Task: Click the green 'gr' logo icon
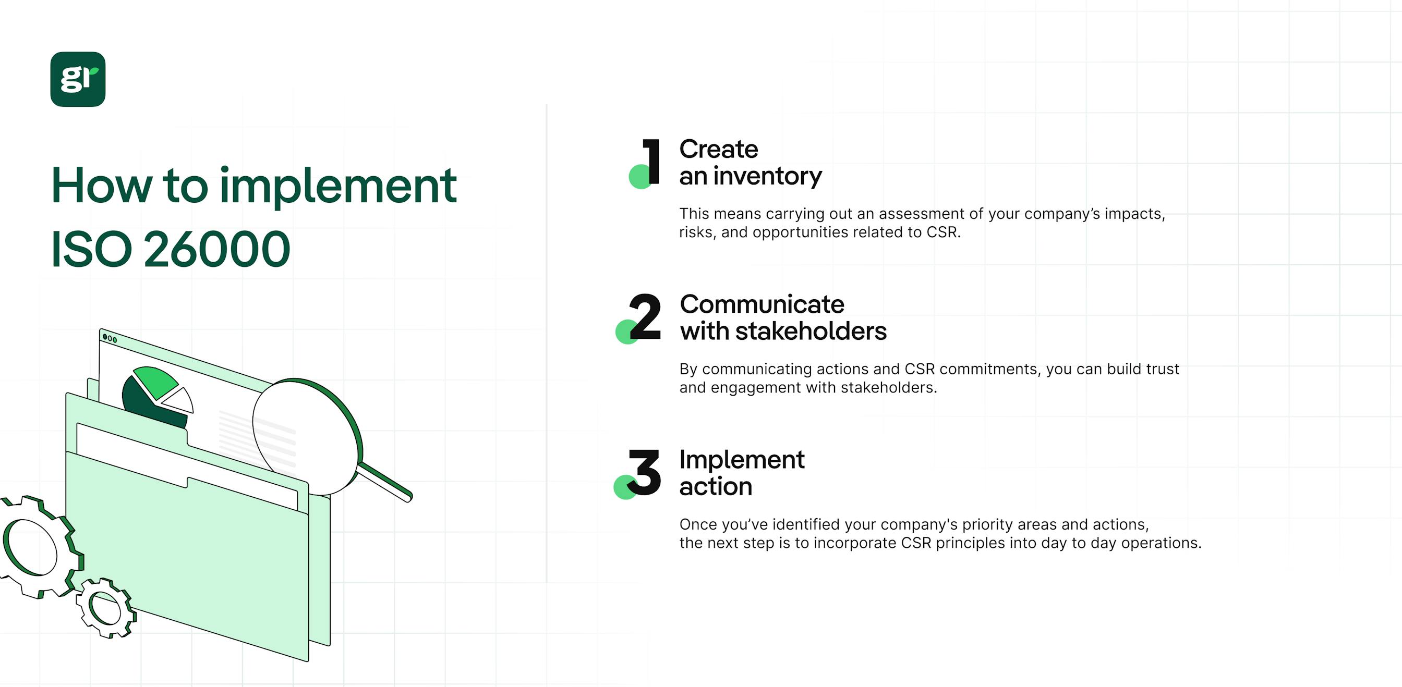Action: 78,79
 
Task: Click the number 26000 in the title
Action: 216,249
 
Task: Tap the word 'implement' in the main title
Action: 337,186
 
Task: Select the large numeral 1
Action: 651,162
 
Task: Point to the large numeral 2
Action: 646,316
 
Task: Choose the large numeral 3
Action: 646,472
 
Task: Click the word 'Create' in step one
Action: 718,149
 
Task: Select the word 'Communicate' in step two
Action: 762,304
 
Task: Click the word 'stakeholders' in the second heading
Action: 811,332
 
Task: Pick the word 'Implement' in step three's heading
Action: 742,460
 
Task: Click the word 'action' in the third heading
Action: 716,486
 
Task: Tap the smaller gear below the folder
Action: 105,608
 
